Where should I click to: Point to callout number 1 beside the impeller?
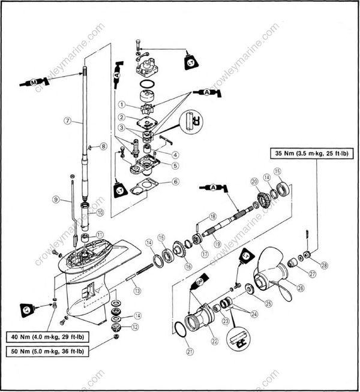(x=121, y=105)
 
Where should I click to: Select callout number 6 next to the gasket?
(x=175, y=181)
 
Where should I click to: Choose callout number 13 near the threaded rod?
(x=137, y=291)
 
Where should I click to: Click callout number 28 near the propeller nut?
(x=325, y=265)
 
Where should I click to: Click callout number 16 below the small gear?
(x=188, y=266)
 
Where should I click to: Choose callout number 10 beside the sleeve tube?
(x=100, y=212)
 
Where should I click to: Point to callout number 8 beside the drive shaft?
(x=103, y=146)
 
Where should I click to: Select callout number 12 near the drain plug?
(x=135, y=327)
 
